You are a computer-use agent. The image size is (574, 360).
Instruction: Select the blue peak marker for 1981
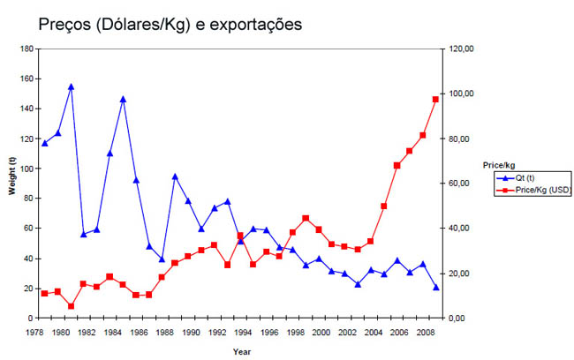pyautogui.click(x=71, y=86)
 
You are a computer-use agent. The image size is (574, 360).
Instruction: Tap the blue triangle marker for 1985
pyautogui.click(x=123, y=99)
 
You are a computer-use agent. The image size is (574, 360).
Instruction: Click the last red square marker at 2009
pyautogui.click(x=435, y=99)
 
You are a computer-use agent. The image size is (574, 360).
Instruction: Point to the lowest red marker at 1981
pyautogui.click(x=71, y=306)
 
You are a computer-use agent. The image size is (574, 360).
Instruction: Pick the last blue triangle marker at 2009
pyautogui.click(x=435, y=287)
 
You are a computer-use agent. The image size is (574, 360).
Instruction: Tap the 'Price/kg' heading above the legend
pyautogui.click(x=499, y=164)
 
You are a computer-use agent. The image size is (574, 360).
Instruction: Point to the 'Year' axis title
pyautogui.click(x=241, y=351)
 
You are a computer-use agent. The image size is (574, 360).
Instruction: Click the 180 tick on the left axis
pyautogui.click(x=29, y=49)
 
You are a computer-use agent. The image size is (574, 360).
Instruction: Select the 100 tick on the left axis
pyautogui.click(x=29, y=169)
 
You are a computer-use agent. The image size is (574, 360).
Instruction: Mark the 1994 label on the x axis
pyautogui.click(x=240, y=332)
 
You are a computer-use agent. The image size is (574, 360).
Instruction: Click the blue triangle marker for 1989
pyautogui.click(x=175, y=176)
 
